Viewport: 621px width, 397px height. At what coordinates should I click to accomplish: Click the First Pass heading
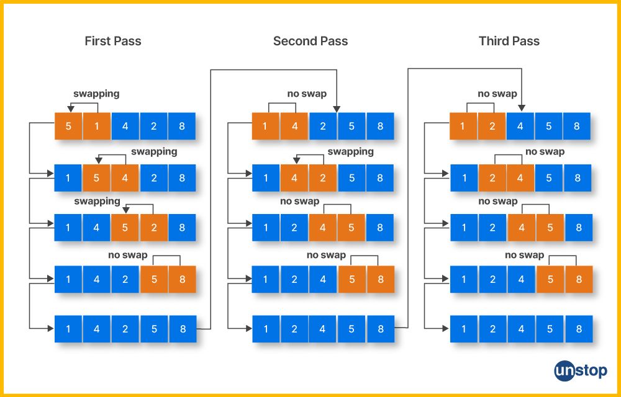113,41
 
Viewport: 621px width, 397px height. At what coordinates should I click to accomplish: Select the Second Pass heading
310,41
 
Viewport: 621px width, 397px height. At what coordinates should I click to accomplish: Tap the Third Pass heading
509,41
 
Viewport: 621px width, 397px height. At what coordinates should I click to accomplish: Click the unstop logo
581,371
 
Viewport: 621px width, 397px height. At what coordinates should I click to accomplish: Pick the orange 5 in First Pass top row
68,126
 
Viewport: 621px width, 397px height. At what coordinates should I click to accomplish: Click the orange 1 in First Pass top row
97,126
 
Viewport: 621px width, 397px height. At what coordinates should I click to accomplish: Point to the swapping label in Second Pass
350,151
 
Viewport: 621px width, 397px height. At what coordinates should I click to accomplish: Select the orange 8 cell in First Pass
182,279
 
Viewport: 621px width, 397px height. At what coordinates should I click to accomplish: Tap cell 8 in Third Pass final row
579,329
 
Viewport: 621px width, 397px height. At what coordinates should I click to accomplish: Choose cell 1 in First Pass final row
68,329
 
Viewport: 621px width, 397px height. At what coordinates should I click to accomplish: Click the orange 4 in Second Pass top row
294,126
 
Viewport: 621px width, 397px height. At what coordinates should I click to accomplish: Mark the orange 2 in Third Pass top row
492,126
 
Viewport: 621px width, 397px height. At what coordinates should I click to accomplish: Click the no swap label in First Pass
127,255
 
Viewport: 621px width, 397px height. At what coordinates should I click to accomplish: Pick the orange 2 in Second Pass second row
323,178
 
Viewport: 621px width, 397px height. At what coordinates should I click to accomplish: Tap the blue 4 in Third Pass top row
520,126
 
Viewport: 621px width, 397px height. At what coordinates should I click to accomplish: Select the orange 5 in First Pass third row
125,228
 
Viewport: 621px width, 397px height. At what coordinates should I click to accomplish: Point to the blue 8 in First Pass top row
182,126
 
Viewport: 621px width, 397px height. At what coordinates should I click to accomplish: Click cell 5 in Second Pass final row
351,329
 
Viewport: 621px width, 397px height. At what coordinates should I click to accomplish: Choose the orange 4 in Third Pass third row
521,228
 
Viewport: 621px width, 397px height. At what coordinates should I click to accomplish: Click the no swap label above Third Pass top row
497,94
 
